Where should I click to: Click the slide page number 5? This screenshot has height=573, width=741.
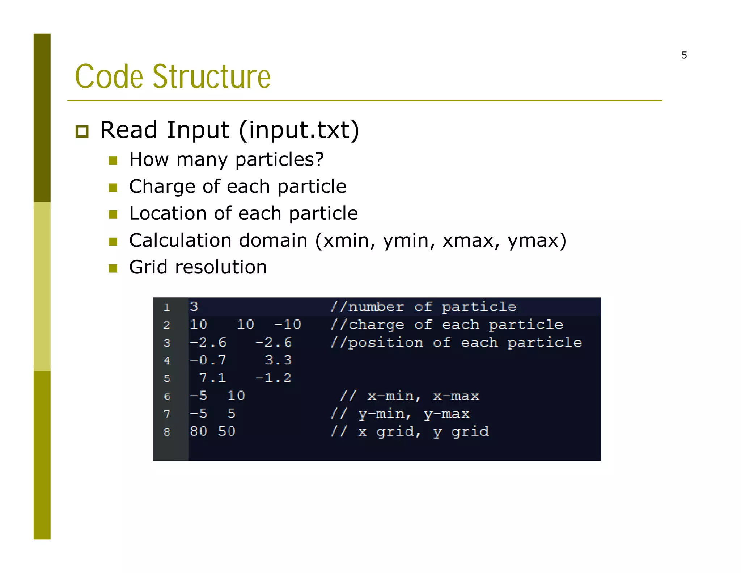(x=684, y=55)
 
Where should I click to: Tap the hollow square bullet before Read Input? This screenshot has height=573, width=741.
(x=82, y=131)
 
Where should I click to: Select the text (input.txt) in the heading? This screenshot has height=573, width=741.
(x=299, y=130)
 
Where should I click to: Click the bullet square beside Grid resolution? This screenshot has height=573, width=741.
(x=113, y=268)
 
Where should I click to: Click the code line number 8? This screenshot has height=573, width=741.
(x=166, y=432)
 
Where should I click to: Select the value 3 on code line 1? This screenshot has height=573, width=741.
(x=194, y=307)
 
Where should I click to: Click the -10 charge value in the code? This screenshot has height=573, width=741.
(x=288, y=325)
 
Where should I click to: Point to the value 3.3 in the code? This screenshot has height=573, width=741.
(x=278, y=360)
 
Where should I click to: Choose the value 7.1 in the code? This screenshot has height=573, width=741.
(x=212, y=378)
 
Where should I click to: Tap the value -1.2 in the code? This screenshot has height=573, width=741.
(x=273, y=378)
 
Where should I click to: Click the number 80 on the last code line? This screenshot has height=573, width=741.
(x=199, y=431)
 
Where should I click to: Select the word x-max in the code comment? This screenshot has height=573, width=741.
(x=456, y=396)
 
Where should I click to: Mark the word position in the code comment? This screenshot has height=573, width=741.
(x=385, y=343)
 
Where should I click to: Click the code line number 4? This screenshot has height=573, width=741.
(x=166, y=360)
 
